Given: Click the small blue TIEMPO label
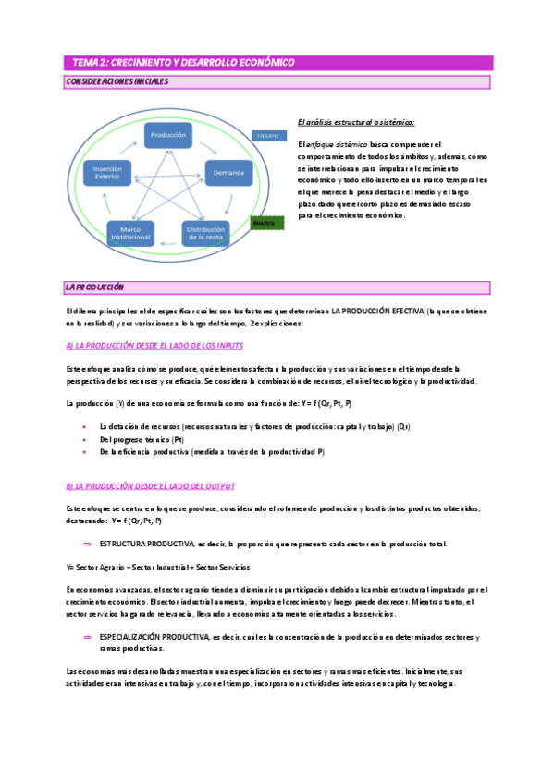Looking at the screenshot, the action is [x=267, y=135].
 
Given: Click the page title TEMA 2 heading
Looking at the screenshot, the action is [x=184, y=62].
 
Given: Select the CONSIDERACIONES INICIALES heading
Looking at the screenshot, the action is [x=117, y=82].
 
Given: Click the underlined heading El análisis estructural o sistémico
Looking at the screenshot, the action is [x=356, y=122].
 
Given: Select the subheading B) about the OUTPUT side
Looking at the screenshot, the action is [x=151, y=485].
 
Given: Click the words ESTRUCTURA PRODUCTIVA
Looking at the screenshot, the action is [x=147, y=544].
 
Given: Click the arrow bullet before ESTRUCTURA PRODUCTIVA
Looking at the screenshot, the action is [x=87, y=544].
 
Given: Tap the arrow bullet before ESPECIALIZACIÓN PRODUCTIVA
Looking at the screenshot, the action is [x=87, y=637].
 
